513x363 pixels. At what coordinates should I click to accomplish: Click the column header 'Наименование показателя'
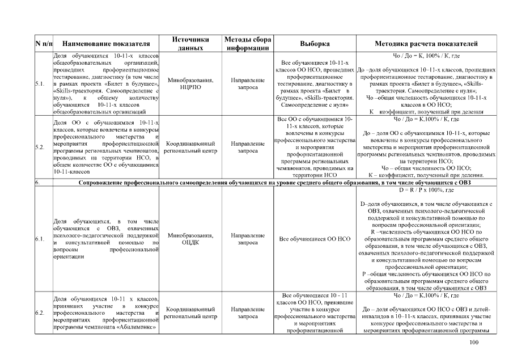coord(107,44)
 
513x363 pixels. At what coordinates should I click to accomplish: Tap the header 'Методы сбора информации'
coord(248,44)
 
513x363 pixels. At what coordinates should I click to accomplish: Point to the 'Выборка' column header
coord(314,44)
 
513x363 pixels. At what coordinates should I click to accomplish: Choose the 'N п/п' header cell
coord(44,44)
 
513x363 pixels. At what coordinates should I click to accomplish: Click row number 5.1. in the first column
coord(40,84)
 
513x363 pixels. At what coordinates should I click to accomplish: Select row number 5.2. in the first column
coord(40,147)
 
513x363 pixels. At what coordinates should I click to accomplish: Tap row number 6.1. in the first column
coord(40,239)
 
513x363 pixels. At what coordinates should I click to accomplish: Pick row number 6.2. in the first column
coord(40,313)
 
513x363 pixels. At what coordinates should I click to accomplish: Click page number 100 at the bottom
coord(474,342)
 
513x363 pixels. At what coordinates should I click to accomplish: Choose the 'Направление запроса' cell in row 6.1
coord(248,239)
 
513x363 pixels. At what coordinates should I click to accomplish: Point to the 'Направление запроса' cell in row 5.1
coord(248,84)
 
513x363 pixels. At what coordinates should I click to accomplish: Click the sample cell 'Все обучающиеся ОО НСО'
coord(314,239)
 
